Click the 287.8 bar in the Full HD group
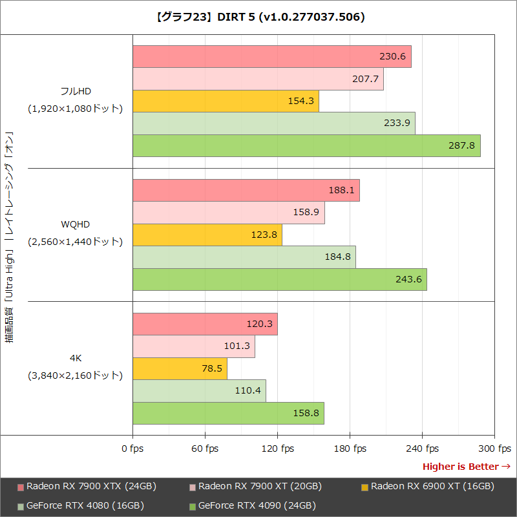click(x=306, y=145)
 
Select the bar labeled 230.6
click(x=271, y=57)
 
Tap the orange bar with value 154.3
click(x=226, y=101)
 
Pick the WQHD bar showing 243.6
click(x=279, y=279)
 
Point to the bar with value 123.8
click(x=207, y=235)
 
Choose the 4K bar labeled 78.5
click(x=180, y=368)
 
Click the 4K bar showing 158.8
click(x=228, y=413)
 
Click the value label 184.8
click(x=339, y=257)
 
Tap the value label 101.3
click(x=237, y=346)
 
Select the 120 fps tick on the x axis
click(x=277, y=448)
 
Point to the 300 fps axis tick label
click(x=494, y=448)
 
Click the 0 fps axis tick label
click(x=132, y=448)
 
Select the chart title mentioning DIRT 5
click(x=258, y=17)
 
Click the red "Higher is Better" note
click(x=466, y=467)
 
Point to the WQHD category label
click(x=75, y=224)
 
